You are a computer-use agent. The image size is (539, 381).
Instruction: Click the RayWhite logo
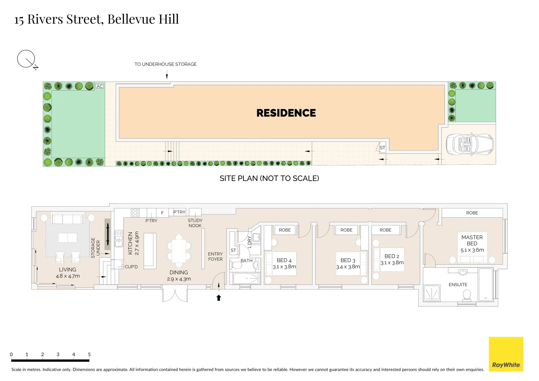point(506,354)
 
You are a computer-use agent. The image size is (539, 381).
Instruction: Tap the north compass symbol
point(26,59)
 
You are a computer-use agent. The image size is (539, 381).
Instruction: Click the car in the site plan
point(470,144)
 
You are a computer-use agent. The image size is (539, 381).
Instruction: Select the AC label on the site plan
point(100,86)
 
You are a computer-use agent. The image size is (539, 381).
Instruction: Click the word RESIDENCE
point(286,113)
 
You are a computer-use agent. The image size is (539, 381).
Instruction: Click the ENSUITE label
point(458,285)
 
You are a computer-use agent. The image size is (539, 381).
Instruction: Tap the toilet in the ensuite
point(467,295)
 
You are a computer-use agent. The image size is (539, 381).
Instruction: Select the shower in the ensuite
point(432,293)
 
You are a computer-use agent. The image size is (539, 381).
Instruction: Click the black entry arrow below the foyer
point(219,298)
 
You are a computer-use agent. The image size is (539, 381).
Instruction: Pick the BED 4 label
point(284,261)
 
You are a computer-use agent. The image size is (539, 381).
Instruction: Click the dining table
point(179,250)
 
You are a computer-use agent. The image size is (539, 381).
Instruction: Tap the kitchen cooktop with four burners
point(135,213)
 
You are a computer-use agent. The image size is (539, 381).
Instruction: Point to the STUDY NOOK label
point(195,223)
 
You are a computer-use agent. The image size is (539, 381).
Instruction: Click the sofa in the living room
point(68,219)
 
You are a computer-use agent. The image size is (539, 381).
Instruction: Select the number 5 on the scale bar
point(89,354)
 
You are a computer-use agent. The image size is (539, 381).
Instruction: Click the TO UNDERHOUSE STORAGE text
point(165,64)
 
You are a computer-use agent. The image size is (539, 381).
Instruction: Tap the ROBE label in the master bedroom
point(472,213)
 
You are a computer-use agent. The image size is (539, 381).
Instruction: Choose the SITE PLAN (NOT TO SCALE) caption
point(269,179)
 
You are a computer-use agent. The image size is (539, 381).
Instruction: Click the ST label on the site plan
point(382,148)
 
